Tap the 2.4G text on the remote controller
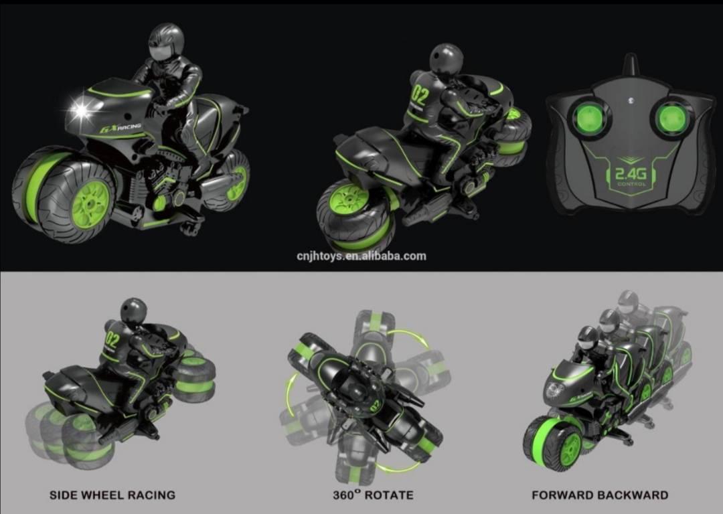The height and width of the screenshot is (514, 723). click(631, 173)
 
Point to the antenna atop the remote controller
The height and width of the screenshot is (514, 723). click(631, 64)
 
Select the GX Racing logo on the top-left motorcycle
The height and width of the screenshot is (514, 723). click(120, 128)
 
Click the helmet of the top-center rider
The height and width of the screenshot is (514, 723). click(447, 58)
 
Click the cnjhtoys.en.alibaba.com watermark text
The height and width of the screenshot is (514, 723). click(361, 256)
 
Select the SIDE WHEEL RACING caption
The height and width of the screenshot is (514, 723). click(112, 495)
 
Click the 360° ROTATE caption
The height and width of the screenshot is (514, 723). click(373, 495)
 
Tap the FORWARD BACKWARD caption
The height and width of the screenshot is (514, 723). click(600, 495)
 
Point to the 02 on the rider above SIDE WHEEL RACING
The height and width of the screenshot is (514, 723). click(112, 341)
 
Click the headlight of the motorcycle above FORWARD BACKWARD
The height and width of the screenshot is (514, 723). click(554, 390)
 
